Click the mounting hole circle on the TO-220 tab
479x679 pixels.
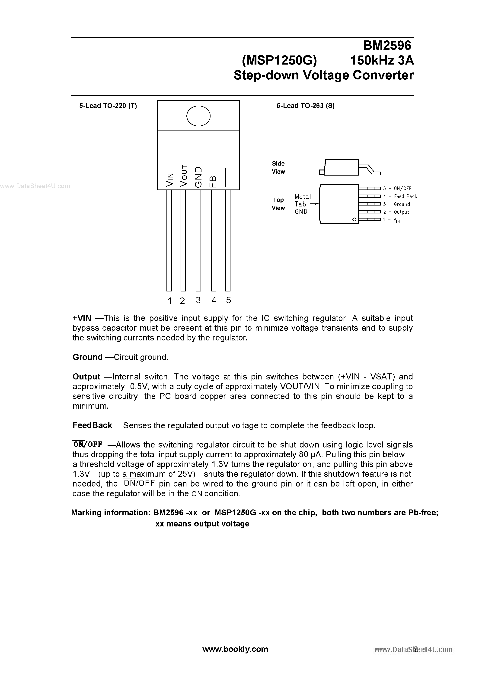198,116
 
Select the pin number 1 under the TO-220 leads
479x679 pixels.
169,301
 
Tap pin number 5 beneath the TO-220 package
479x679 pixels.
228,300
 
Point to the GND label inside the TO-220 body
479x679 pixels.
198,177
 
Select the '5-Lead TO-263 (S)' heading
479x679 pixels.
305,106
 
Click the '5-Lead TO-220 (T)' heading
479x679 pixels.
108,106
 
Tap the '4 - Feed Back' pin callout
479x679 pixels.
400,196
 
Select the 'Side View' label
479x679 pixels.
278,167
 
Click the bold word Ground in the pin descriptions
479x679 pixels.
87,357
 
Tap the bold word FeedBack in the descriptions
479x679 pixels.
92,426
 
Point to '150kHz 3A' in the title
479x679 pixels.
382,61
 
